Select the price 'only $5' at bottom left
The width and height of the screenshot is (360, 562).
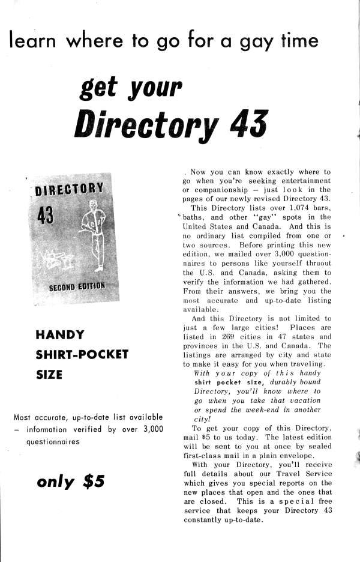(71, 482)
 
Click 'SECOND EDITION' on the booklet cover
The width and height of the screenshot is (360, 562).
(77, 286)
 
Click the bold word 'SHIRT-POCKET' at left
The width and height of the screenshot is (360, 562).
(82, 354)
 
